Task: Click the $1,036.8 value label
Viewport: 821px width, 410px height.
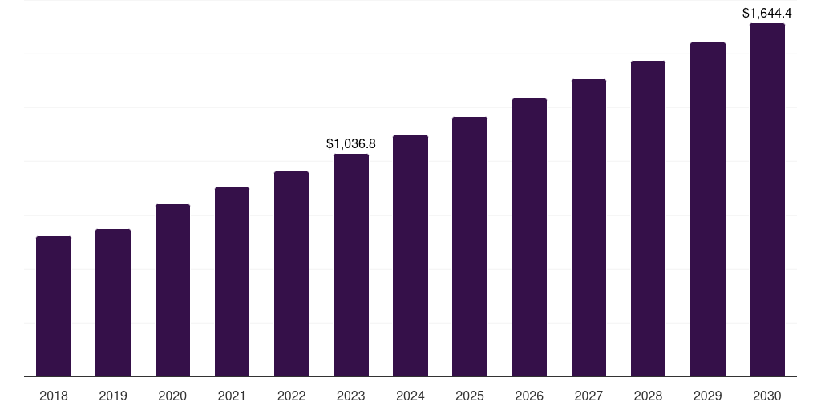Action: pos(351,144)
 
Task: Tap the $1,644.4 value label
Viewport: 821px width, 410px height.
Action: pos(766,13)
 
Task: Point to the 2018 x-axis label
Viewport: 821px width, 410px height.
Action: pos(54,396)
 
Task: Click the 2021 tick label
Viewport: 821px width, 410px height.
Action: pos(232,396)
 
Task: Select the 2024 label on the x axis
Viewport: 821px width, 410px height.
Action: pos(410,396)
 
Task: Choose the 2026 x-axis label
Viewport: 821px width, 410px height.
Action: pos(529,396)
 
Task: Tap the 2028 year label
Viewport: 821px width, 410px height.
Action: pos(648,396)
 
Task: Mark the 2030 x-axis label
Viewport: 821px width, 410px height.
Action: pos(766,396)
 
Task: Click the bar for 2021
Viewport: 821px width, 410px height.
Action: pos(232,282)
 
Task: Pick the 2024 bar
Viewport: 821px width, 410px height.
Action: pos(410,256)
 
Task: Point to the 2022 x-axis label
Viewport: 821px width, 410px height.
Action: pos(291,396)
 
